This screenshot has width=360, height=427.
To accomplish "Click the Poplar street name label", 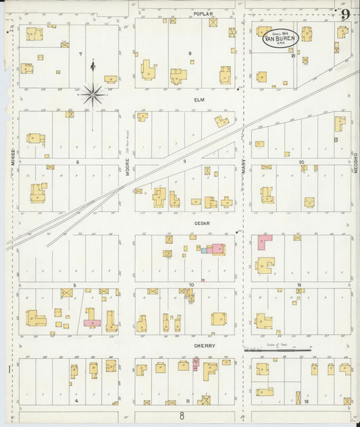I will (x=203, y=14).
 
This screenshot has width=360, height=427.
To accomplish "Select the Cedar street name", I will (x=203, y=223).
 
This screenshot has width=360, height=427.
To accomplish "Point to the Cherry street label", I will (x=205, y=346).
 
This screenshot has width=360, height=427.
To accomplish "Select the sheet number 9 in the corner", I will (x=345, y=14).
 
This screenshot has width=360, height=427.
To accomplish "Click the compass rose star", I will (x=93, y=92).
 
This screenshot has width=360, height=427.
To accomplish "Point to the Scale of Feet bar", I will (x=277, y=351).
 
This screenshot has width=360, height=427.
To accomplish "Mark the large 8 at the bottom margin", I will (x=181, y=416).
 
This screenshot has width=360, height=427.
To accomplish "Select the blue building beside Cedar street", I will (x=203, y=250).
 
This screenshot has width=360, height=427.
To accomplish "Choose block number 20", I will (x=302, y=161).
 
